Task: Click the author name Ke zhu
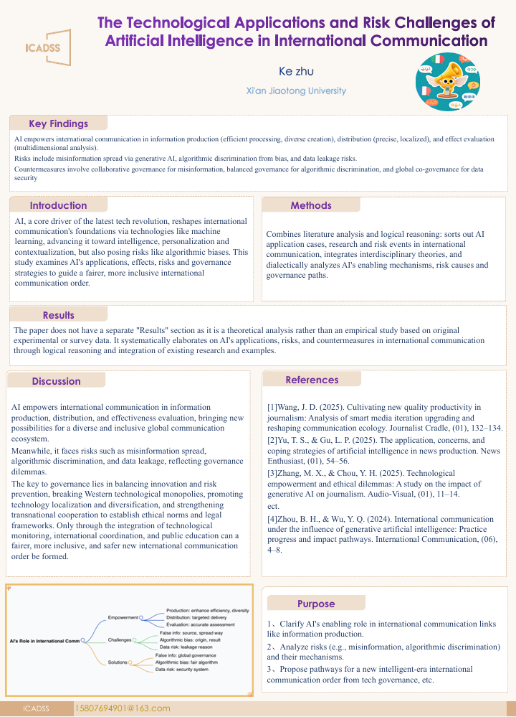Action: (296, 71)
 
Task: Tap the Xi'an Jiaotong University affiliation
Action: (296, 91)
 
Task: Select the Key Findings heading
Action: (58, 123)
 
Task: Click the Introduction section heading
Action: (58, 205)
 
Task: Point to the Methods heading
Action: (311, 205)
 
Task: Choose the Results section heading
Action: (58, 314)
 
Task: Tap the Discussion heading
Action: (57, 381)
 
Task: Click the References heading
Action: (312, 380)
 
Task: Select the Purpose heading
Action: (316, 604)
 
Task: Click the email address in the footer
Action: (123, 708)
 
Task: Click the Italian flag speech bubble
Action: (437, 60)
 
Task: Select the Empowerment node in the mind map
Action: (123, 617)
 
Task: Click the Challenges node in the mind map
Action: (120, 639)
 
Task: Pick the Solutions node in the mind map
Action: (118, 662)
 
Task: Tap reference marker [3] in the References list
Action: (272, 474)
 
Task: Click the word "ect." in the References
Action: (273, 506)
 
